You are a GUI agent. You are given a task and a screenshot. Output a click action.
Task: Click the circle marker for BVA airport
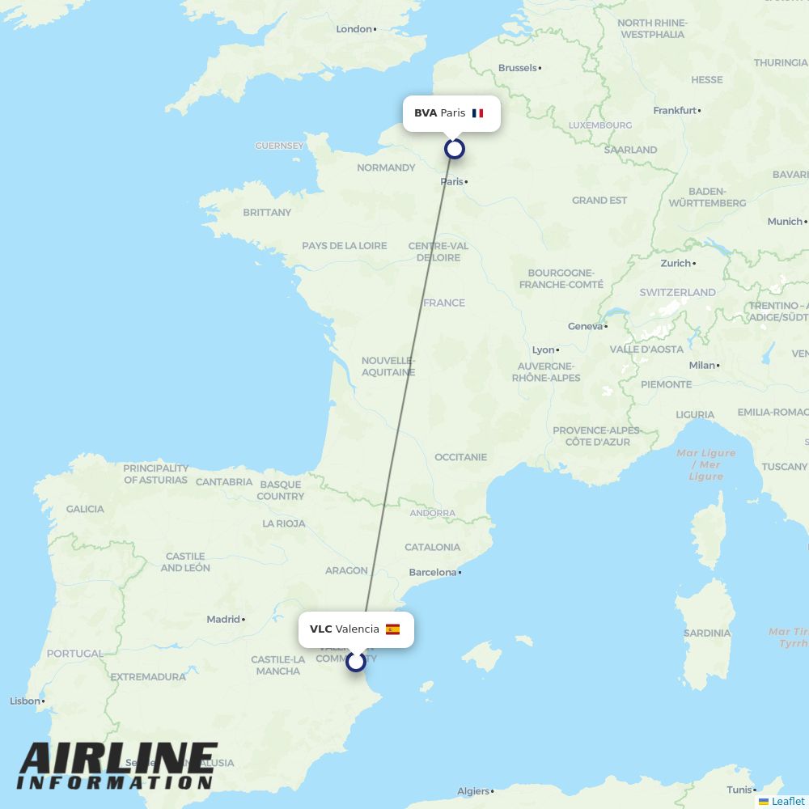tap(455, 149)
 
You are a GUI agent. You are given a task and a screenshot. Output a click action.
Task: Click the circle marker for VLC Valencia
tap(356, 662)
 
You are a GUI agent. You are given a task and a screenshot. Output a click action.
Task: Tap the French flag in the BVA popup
tap(477, 113)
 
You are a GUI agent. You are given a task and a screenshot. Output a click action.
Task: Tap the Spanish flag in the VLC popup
tap(392, 629)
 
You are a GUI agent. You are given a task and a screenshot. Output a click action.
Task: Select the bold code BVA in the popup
tap(426, 113)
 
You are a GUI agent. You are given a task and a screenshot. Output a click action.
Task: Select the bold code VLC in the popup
tap(320, 629)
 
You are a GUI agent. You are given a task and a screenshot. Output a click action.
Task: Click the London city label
tap(354, 29)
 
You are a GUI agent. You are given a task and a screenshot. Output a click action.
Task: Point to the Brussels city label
tap(518, 68)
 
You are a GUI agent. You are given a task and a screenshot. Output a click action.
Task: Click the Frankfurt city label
tap(675, 110)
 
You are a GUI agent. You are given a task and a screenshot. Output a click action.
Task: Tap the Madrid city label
tap(223, 620)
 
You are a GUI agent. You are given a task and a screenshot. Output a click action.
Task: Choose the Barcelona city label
tap(433, 573)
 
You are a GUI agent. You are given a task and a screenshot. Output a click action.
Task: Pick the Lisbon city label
tap(24, 701)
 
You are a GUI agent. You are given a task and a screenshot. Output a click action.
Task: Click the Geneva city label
tap(586, 327)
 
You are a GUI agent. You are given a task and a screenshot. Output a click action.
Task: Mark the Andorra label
tap(433, 513)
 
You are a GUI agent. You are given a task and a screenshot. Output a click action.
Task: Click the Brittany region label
tap(267, 213)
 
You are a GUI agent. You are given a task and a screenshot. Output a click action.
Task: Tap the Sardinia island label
tap(707, 633)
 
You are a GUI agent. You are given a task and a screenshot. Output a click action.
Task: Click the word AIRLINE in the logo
tap(118, 759)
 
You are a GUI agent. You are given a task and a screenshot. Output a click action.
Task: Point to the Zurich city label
tap(676, 264)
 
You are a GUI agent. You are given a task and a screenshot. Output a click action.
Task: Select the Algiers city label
tap(473, 791)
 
